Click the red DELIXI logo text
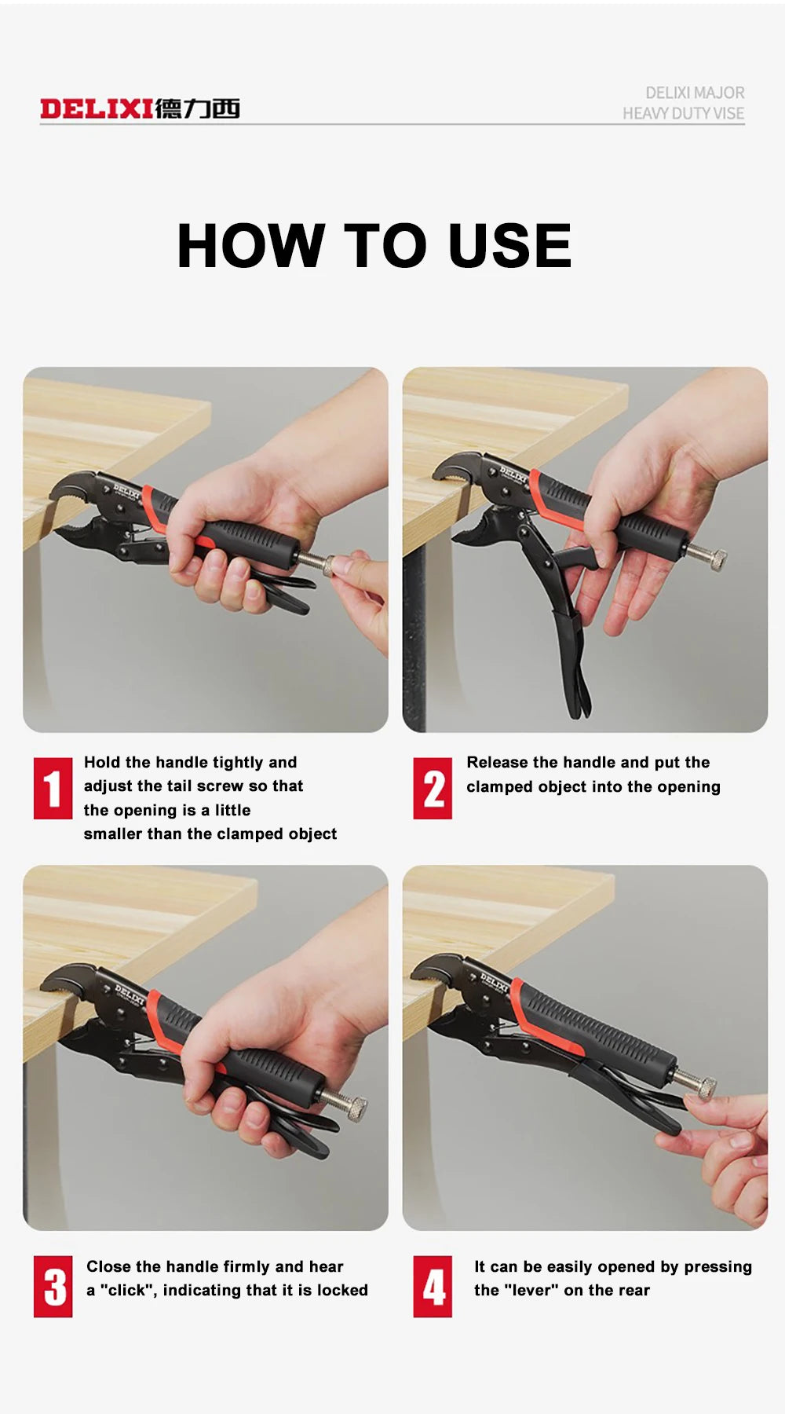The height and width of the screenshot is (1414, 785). pyautogui.click(x=96, y=108)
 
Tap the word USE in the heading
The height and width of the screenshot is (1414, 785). pyautogui.click(x=509, y=245)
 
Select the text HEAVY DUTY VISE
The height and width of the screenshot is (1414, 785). pyautogui.click(x=683, y=114)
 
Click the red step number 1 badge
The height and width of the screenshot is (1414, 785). pyautogui.click(x=53, y=788)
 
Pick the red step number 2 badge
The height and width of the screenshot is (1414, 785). pyautogui.click(x=433, y=788)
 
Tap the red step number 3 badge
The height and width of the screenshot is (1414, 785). pyautogui.click(x=53, y=1286)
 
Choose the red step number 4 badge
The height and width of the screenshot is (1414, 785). pyautogui.click(x=433, y=1286)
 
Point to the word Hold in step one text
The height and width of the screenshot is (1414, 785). pyautogui.click(x=101, y=762)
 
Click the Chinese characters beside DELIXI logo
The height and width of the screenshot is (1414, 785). pyautogui.click(x=197, y=108)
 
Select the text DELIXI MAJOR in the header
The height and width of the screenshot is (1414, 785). pyautogui.click(x=695, y=93)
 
